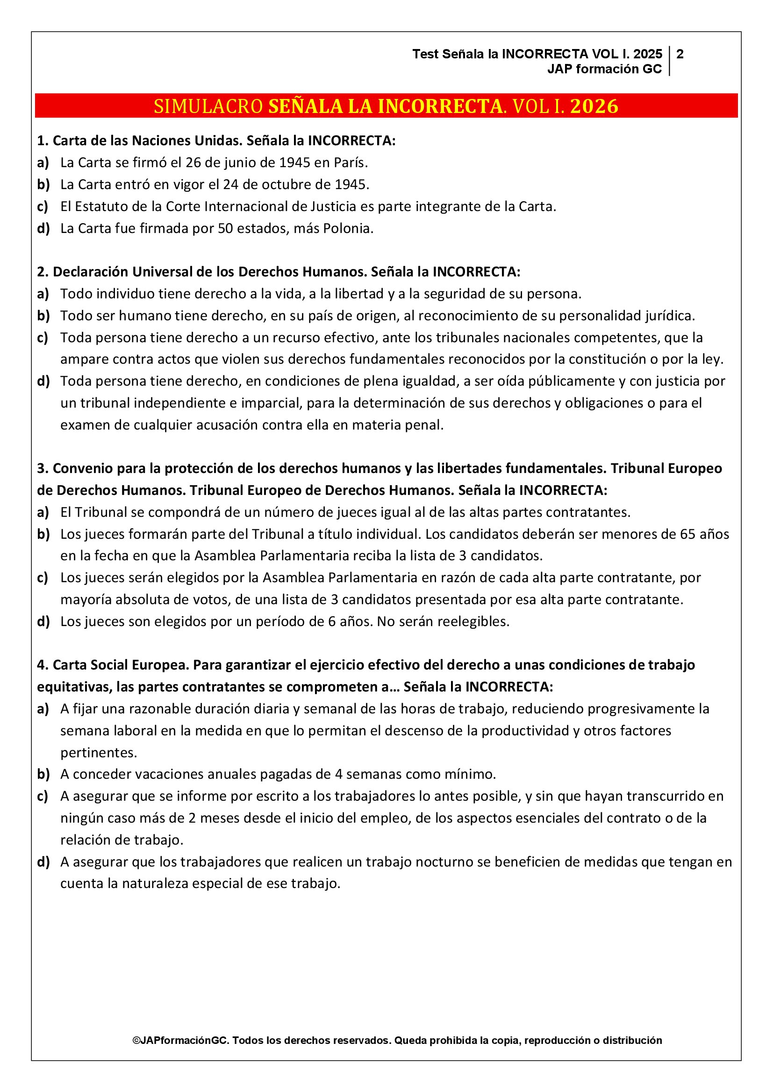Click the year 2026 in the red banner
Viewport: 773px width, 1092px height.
pos(594,106)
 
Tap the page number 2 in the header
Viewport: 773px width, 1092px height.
pos(680,54)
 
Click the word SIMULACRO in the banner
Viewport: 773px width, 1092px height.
pos(208,106)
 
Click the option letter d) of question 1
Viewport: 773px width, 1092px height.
pos(43,229)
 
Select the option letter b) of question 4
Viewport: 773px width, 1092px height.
pos(43,774)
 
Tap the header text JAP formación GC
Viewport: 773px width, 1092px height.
pos(604,69)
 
